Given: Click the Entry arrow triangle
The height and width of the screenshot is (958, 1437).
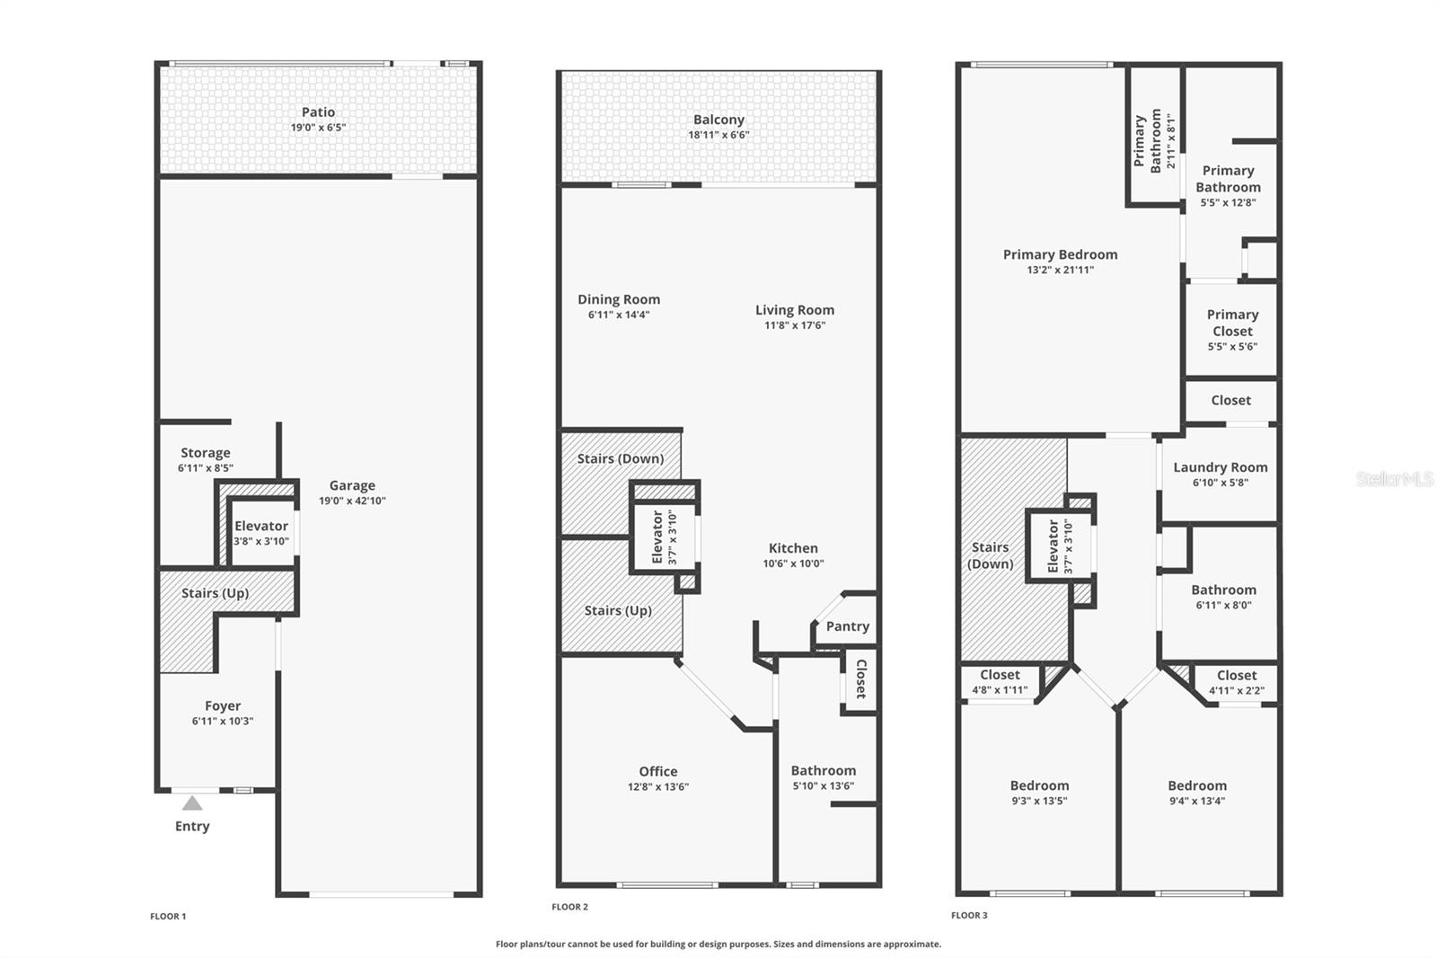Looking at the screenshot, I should [x=192, y=803].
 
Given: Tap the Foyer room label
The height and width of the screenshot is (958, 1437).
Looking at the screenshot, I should [x=223, y=706].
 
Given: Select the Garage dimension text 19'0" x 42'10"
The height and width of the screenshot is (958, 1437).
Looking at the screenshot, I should [x=352, y=501].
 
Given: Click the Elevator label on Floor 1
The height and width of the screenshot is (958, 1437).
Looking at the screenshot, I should [x=261, y=527].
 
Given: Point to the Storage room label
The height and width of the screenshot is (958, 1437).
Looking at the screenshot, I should [x=206, y=453].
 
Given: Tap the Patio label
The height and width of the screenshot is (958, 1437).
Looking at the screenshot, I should [x=318, y=112].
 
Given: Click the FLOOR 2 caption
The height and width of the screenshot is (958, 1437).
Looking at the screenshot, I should [x=569, y=907].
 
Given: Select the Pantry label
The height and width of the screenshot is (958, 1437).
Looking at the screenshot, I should [x=848, y=626].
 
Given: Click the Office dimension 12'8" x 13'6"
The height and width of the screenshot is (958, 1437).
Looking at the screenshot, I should [x=658, y=787].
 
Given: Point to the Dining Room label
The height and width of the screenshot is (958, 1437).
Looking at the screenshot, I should [x=619, y=299].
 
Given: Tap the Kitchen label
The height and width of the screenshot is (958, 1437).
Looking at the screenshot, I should [x=793, y=548].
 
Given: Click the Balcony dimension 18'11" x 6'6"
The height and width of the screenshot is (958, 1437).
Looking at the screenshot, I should [x=718, y=135].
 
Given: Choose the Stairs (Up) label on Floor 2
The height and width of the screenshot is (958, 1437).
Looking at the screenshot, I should [x=618, y=610].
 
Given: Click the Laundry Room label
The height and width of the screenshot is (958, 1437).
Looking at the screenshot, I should [x=1220, y=467].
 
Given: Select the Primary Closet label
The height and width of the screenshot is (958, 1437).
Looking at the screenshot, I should [x=1232, y=323].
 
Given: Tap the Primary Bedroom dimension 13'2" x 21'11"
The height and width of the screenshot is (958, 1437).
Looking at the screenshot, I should [x=1061, y=270].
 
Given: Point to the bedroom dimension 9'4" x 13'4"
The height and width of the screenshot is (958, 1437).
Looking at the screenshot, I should [x=1197, y=801].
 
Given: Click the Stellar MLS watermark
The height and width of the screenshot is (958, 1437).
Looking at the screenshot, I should [x=1394, y=479].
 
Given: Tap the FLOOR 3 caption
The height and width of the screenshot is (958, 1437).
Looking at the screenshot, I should [x=969, y=916].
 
